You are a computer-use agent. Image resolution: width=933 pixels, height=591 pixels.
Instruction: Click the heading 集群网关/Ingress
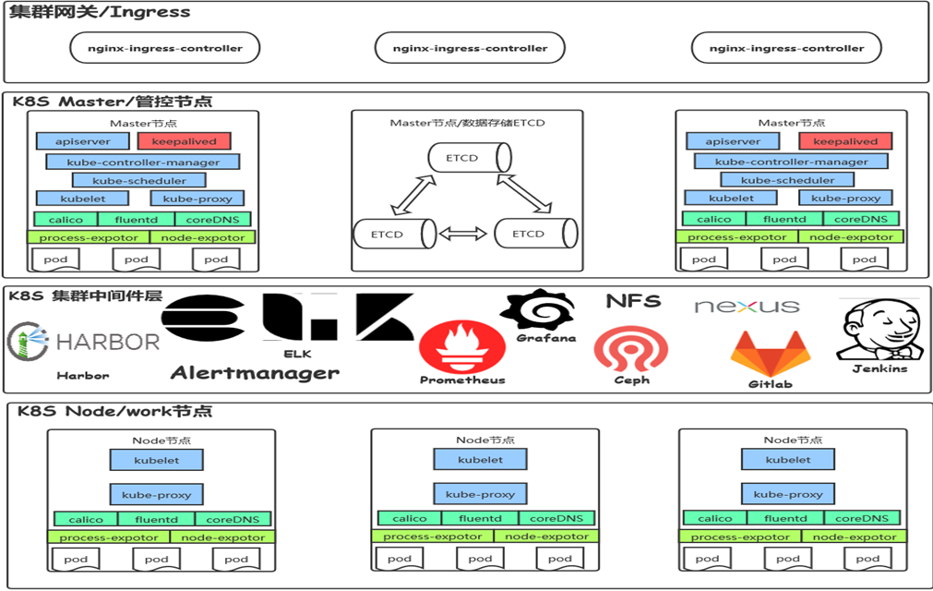tap(100, 12)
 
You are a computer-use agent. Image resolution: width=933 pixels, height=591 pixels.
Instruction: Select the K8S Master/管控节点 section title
tap(113, 102)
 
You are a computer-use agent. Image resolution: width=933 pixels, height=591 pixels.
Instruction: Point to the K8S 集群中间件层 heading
tap(86, 295)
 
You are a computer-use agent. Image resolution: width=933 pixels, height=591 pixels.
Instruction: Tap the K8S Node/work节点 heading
tap(114, 411)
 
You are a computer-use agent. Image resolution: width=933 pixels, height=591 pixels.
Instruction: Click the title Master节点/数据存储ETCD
tap(467, 123)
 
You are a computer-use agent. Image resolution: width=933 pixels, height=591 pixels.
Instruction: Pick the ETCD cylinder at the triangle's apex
tap(470, 158)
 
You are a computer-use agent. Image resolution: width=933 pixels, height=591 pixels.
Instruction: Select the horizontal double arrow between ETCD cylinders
tap(463, 234)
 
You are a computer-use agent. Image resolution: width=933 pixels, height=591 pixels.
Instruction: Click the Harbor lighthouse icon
tap(28, 341)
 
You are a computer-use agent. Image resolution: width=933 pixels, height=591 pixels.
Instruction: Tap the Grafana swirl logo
tap(538, 309)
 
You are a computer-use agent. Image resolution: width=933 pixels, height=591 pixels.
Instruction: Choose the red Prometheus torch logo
tap(462, 347)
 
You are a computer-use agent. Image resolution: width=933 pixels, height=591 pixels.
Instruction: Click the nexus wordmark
tap(748, 306)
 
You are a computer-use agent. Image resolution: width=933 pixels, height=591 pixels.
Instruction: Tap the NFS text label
tap(633, 301)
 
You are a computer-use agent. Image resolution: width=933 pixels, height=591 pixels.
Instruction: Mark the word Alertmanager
tap(255, 373)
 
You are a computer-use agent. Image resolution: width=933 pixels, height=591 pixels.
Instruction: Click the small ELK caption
tap(297, 354)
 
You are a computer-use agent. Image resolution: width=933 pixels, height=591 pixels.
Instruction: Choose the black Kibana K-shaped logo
tap(385, 317)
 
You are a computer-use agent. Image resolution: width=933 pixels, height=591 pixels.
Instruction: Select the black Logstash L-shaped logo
tap(300, 317)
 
